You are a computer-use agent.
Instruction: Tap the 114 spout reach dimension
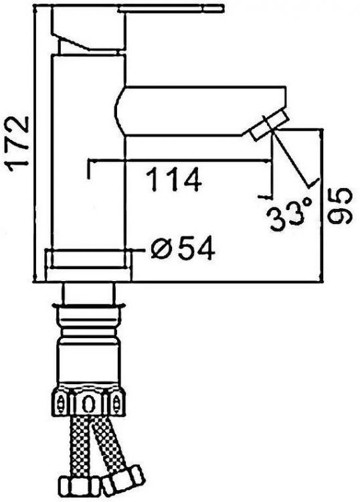point(175,180)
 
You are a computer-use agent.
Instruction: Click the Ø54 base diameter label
point(183,248)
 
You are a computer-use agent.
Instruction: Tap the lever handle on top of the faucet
point(170,9)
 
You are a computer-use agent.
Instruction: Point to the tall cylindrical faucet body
point(88,152)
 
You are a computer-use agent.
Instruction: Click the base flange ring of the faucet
point(88,265)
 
